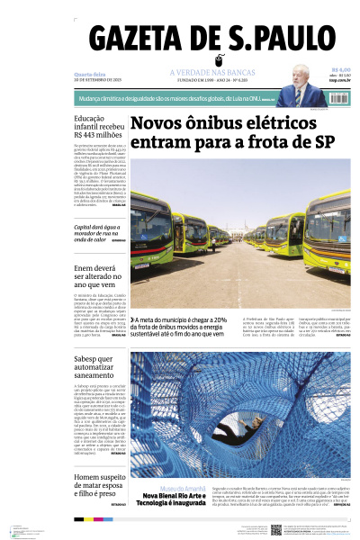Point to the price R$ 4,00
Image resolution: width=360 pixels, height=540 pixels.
pyautogui.click(x=340, y=70)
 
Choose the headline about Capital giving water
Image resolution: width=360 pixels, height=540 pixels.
pyautogui.click(x=99, y=233)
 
